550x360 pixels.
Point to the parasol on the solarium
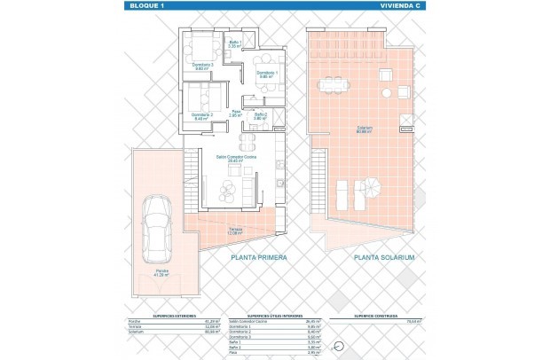pos(373,188)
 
